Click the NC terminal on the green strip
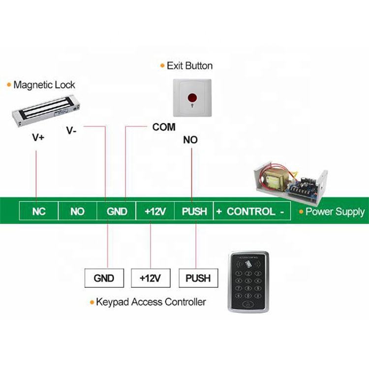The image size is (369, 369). coord(38,211)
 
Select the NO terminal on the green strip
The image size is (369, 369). coord(77,211)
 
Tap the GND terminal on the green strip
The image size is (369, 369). coord(117,211)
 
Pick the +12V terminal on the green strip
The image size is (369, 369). coord(155,211)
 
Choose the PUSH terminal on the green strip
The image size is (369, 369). coord(194,211)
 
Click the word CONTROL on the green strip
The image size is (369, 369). coord(251,212)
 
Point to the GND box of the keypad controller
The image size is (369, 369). coord(104,278)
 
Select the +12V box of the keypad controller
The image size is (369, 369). coord(151,278)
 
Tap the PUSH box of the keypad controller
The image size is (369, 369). coord(198,278)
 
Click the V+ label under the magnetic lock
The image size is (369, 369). coord(38,137)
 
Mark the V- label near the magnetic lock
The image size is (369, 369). coord(71,130)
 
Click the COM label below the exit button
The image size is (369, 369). coord(164,127)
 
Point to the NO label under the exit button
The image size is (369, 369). coord(190,140)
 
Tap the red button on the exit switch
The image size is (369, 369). coord(192,97)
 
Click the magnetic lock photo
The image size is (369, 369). coord(46,110)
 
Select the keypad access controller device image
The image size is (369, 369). coord(248,282)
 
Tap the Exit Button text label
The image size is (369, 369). coord(189,65)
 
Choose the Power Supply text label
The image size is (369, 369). coord(335,212)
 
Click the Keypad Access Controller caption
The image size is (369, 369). coord(151,302)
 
